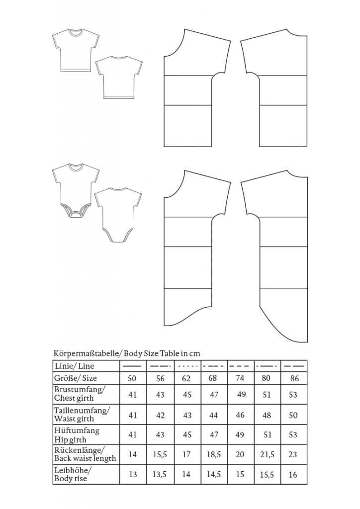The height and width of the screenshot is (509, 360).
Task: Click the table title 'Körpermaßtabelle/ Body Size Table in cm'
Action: [127, 353]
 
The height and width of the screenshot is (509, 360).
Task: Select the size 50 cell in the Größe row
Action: [132, 379]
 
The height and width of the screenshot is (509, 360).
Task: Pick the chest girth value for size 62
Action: [186, 395]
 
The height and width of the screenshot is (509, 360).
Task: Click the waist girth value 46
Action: [240, 415]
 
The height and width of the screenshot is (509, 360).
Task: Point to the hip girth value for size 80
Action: [268, 434]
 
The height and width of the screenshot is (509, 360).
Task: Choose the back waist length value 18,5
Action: [213, 454]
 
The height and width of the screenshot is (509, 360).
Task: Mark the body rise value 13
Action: [133, 474]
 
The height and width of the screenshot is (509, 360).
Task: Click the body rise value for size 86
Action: [293, 475]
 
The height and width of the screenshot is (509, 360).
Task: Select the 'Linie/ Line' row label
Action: [75, 366]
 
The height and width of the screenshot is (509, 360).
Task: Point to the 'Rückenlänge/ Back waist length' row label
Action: [85, 454]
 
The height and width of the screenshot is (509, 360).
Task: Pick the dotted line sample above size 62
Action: [186, 366]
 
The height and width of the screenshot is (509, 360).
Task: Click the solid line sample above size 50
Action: [132, 366]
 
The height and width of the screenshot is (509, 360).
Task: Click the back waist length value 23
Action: [293, 454]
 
